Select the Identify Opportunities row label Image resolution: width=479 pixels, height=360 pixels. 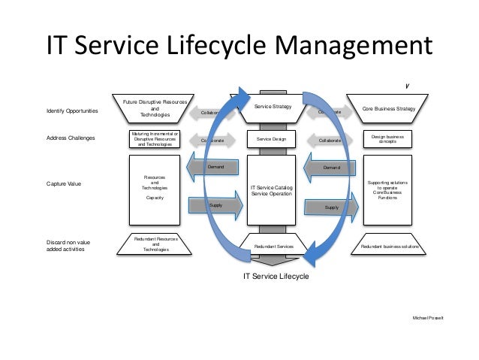pyautogui.click(x=72, y=111)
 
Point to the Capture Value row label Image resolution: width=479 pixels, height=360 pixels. pyautogui.click(x=65, y=183)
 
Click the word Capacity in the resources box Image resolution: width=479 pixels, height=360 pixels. pyautogui.click(x=155, y=197)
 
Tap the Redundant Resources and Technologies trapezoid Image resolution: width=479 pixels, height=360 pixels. pyautogui.click(x=155, y=244)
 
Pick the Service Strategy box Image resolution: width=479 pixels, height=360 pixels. pyautogui.click(x=272, y=107)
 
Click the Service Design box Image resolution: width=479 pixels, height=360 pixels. pyautogui.click(x=272, y=139)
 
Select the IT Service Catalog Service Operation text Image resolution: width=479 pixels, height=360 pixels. pyautogui.click(x=272, y=191)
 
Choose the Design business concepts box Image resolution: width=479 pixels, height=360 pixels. pyautogui.click(x=387, y=139)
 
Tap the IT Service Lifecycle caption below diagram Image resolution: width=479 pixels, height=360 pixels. pyautogui.click(x=274, y=276)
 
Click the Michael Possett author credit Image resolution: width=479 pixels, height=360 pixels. pyautogui.click(x=428, y=319)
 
